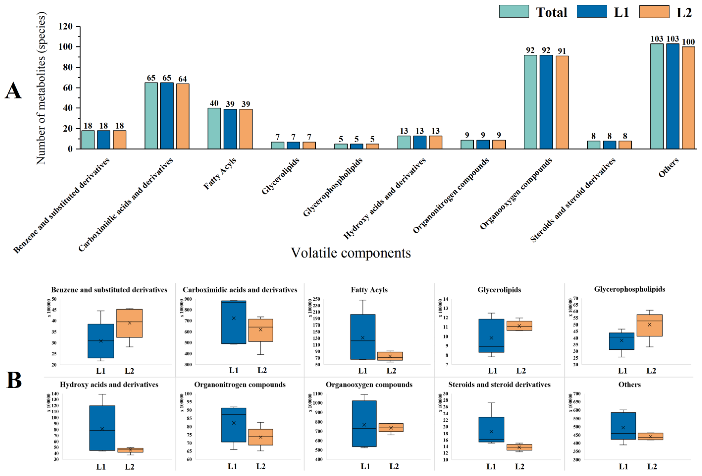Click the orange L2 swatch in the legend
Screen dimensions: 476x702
[654, 12]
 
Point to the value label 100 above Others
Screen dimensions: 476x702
[688, 42]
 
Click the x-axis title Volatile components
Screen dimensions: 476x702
[350, 253]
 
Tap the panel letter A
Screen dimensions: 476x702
[13, 91]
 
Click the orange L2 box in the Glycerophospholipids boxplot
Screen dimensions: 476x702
[649, 325]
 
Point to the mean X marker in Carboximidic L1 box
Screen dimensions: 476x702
[234, 318]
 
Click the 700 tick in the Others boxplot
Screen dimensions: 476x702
[577, 394]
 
